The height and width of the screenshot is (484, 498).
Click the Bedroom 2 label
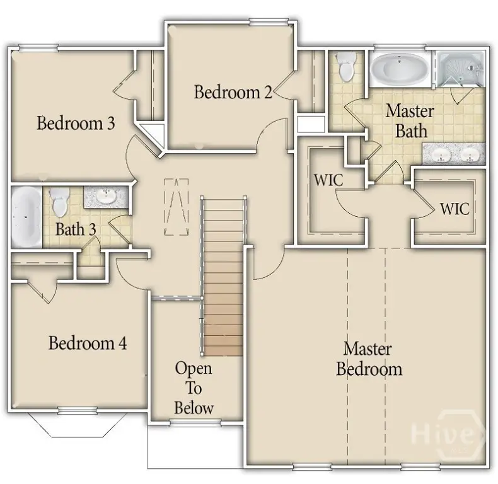(x=233, y=92)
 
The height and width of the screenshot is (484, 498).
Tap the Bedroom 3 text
(x=76, y=122)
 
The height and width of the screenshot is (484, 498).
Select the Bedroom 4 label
(x=88, y=343)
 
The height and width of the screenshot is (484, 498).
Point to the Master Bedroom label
(x=369, y=358)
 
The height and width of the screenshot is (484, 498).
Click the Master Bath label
(x=409, y=121)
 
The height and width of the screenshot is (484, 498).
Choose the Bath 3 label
(x=76, y=229)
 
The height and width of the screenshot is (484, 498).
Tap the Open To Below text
(x=194, y=388)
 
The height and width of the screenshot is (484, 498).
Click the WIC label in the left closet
(x=328, y=179)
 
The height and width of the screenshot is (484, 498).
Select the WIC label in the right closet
(x=455, y=209)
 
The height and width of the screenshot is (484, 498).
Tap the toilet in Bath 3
(x=60, y=201)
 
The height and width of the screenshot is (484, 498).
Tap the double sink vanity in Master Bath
(x=453, y=153)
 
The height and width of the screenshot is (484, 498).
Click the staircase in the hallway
(x=223, y=277)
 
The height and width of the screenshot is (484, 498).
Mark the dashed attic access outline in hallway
(x=176, y=207)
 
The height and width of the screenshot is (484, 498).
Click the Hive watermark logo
(x=448, y=434)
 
